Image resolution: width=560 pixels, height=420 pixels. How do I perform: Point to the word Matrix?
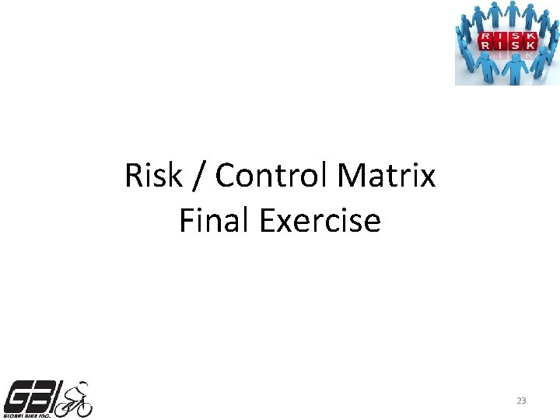pyautogui.click(x=387, y=177)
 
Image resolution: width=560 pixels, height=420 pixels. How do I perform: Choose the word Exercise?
pyautogui.click(x=320, y=222)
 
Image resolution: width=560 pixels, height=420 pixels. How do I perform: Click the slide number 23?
pyautogui.click(x=521, y=401)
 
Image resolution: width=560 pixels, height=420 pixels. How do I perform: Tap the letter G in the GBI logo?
pyautogui.click(x=19, y=397)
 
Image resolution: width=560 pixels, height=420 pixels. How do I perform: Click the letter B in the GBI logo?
pyautogui.click(x=42, y=397)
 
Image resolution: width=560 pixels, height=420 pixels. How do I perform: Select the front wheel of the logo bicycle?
pyautogui.click(x=82, y=407)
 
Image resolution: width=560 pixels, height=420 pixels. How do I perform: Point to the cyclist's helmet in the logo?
pyautogui.click(x=81, y=384)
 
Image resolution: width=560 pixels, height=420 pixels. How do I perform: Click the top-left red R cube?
pyautogui.click(x=486, y=37)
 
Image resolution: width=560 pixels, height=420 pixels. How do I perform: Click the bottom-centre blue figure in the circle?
pyautogui.click(x=513, y=70)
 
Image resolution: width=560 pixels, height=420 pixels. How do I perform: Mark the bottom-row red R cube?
pyautogui.click(x=486, y=47)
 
